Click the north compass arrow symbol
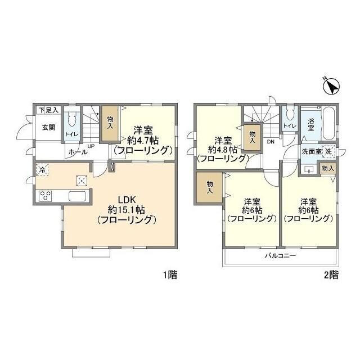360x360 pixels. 332,87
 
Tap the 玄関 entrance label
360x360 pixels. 47,128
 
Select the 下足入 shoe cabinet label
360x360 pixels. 48,111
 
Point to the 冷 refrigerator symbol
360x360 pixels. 43,169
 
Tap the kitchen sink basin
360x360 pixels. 78,196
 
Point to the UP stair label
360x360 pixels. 90,147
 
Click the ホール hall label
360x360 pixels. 76,152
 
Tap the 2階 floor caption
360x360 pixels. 331,275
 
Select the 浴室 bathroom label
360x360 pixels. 310,124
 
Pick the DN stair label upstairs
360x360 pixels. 270,142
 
